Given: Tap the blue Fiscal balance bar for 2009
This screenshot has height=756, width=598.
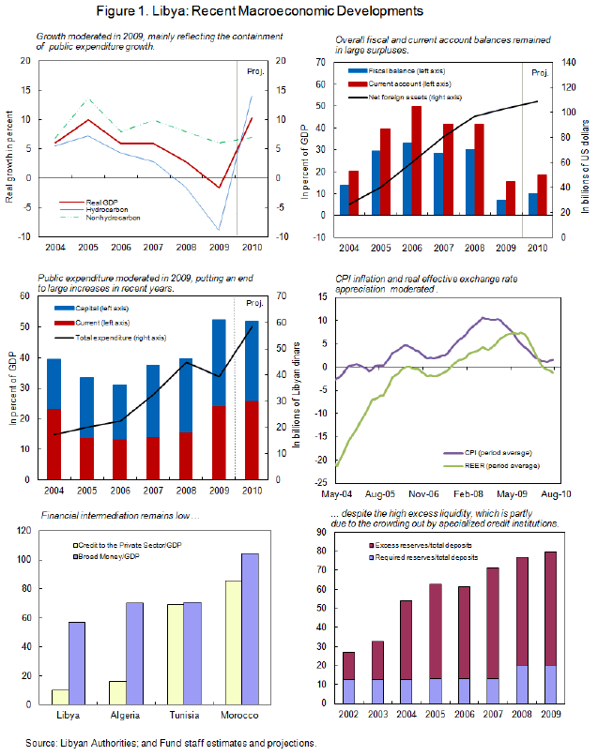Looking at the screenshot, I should pos(501,207).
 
